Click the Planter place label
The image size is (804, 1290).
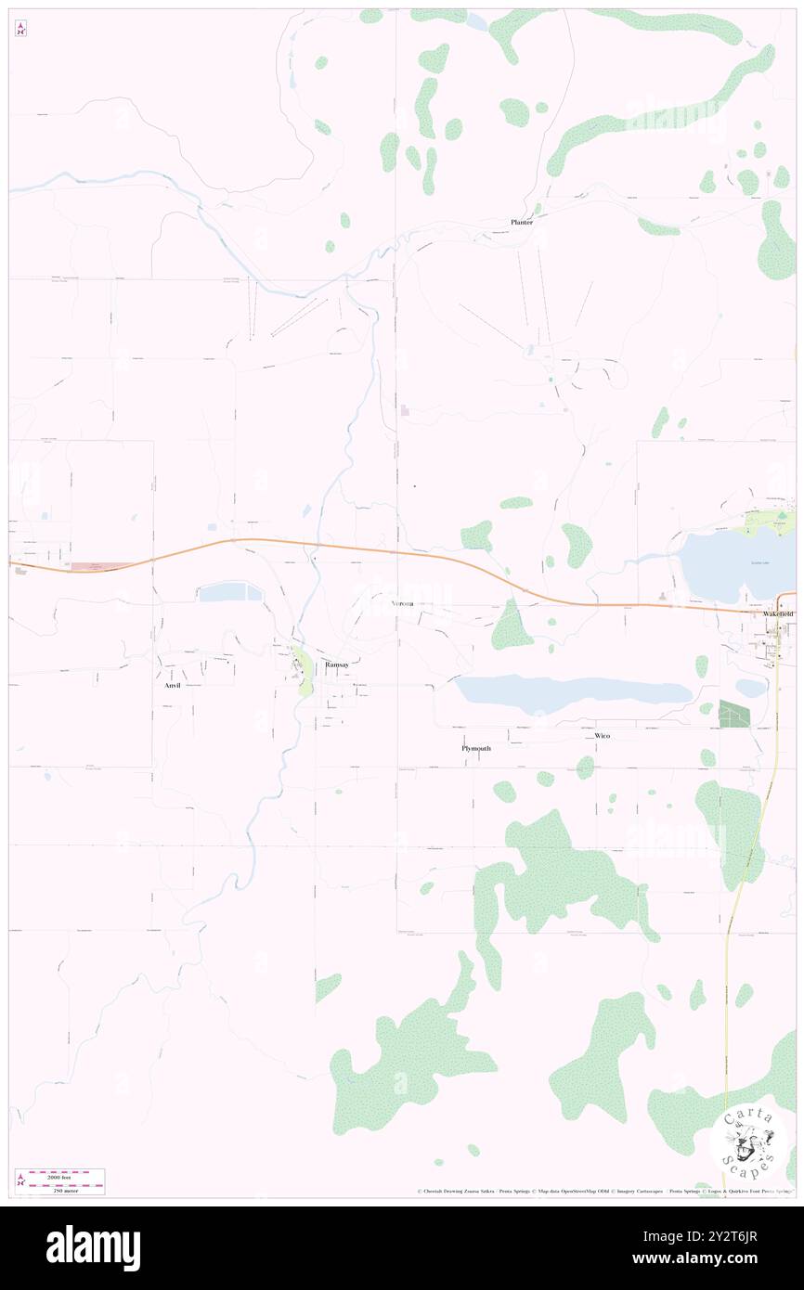[521, 222]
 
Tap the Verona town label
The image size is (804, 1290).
[401, 603]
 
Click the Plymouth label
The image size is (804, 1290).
[476, 748]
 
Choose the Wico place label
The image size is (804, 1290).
[603, 736]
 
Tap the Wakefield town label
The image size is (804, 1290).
[778, 614]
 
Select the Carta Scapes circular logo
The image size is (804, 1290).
[748, 1141]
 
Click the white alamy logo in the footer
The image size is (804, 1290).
[93, 1247]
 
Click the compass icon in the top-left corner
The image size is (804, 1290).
[20, 29]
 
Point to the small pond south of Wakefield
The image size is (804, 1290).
[749, 688]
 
